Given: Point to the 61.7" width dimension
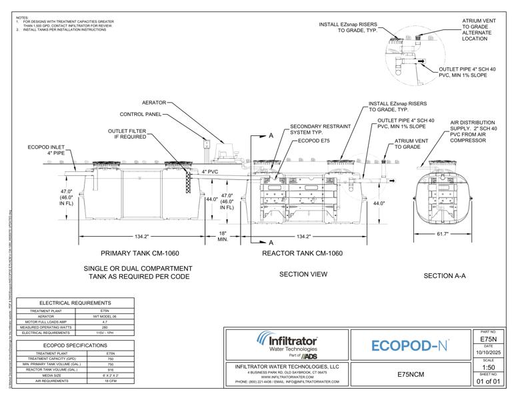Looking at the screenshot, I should pyautogui.click(x=442, y=234).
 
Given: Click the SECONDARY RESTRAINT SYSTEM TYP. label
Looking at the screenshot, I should pyautogui.click(x=312, y=129).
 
